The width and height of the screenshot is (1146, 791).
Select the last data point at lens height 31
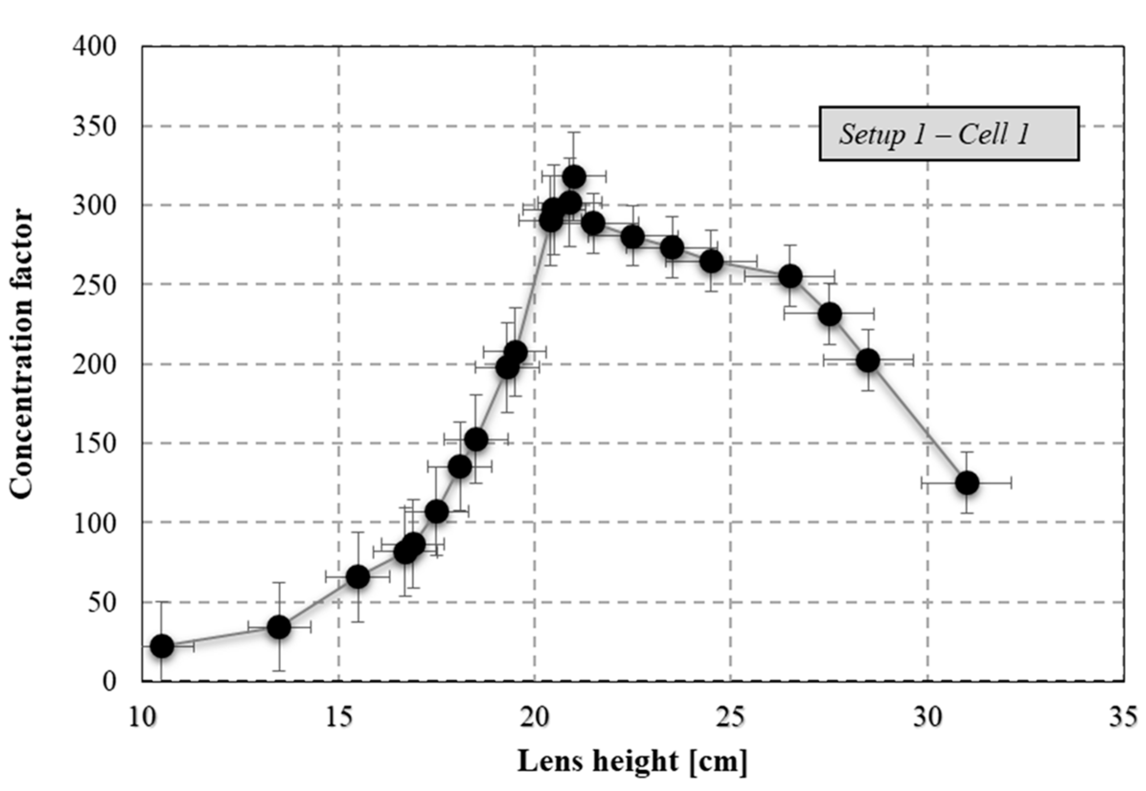[966, 483]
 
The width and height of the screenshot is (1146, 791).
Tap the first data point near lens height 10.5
[161, 646]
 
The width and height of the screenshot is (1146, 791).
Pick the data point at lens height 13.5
[279, 628]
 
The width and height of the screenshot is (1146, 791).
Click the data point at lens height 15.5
[358, 577]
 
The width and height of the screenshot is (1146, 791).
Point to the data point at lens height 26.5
[790, 276]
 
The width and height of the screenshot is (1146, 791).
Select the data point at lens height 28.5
[868, 360]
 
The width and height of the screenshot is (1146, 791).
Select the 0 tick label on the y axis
[109, 681]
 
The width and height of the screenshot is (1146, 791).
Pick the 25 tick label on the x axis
[731, 718]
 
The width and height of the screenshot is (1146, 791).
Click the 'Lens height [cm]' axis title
[633, 761]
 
